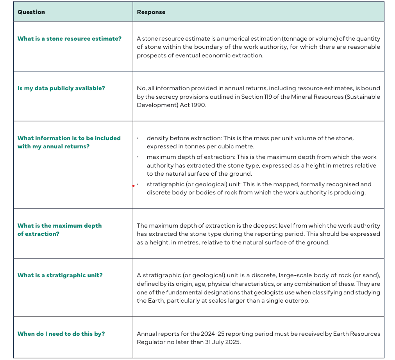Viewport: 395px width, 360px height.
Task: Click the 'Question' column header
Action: pyautogui.click(x=31, y=12)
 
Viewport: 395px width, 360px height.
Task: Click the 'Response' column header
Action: pyautogui.click(x=151, y=12)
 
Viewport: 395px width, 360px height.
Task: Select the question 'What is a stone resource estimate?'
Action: pyautogui.click(x=70, y=39)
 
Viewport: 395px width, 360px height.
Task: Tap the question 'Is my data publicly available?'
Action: pyautogui.click(x=61, y=88)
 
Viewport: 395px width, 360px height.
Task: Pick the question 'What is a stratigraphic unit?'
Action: pyautogui.click(x=60, y=275)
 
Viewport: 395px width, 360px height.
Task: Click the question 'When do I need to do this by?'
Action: pyautogui.click(x=61, y=334)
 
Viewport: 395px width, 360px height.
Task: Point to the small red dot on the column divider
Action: pyautogui.click(x=133, y=186)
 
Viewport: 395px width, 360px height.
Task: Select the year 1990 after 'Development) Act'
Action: pyautogui.click(x=198, y=105)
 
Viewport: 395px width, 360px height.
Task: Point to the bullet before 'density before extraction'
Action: pyautogui.click(x=138, y=138)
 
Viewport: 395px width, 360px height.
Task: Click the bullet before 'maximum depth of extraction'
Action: pyautogui.click(x=138, y=157)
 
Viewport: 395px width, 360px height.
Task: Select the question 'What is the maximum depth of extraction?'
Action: pyautogui.click(x=59, y=230)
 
